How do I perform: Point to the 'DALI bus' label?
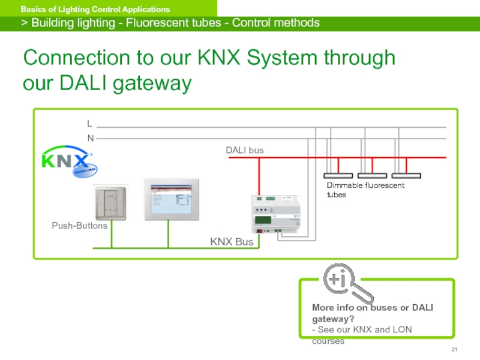244,150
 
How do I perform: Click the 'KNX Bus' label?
232,242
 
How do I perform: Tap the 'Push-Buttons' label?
79,226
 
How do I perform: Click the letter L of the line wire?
89,124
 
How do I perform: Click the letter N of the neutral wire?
90,138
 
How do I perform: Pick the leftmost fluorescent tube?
339,175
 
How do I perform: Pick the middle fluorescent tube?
372,175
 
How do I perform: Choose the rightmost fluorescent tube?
406,175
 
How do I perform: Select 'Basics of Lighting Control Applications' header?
95,10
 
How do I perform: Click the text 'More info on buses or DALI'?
372,308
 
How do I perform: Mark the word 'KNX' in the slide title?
220,58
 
